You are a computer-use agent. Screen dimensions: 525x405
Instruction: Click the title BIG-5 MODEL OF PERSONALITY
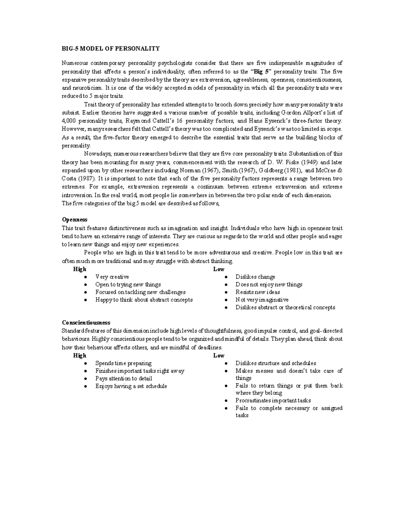click(110, 48)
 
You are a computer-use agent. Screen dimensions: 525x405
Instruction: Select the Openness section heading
click(75, 220)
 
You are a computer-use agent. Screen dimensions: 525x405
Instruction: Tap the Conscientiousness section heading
click(86, 323)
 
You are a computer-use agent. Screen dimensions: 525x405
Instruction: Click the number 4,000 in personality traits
click(69, 121)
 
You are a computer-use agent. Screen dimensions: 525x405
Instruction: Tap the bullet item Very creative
click(112, 277)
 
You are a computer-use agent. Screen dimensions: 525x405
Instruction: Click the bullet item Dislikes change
click(255, 277)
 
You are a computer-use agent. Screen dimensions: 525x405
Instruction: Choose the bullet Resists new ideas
click(258, 292)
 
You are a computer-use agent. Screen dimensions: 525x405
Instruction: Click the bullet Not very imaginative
click(262, 300)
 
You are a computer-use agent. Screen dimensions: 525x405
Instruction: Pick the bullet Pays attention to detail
click(124, 379)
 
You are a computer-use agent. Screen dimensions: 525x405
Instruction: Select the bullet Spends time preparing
click(123, 363)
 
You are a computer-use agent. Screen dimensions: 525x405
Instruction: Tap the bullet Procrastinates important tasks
click(273, 401)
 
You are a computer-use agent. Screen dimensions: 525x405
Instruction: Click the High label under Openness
click(80, 269)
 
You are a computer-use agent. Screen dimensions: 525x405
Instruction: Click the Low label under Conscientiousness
click(219, 356)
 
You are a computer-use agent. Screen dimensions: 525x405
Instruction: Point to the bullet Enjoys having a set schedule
click(131, 386)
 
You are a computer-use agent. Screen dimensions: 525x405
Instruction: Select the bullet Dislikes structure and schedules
click(276, 363)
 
